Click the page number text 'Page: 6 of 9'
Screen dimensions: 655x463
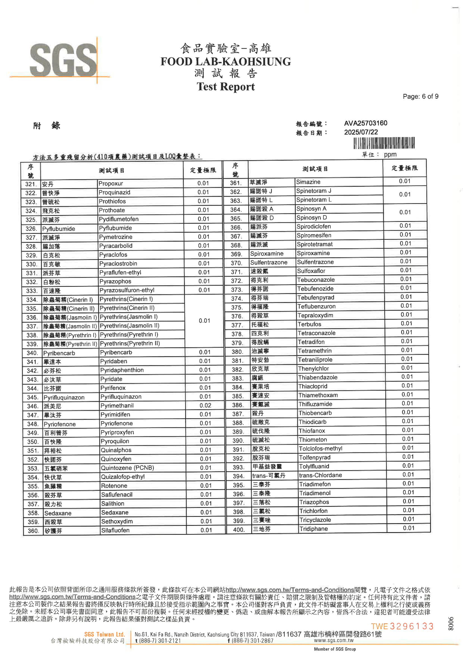click(x=420, y=96)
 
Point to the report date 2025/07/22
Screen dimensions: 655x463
click(x=361, y=132)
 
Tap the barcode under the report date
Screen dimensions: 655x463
click(x=384, y=143)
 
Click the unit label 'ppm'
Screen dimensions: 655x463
click(x=390, y=155)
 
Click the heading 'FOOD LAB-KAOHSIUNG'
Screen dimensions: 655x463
click(x=226, y=62)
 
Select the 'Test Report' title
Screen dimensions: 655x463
click(x=226, y=87)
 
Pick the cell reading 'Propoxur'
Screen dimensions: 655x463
click(x=111, y=184)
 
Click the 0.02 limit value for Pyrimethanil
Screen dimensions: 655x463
click(x=205, y=405)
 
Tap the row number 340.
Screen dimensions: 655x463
click(x=32, y=353)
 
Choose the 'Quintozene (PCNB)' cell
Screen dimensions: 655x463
click(x=127, y=468)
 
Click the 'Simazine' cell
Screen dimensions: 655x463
click(x=308, y=182)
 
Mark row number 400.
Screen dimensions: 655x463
click(x=238, y=530)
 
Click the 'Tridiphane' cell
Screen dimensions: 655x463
click(x=313, y=529)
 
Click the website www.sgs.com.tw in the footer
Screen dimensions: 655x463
click(x=334, y=640)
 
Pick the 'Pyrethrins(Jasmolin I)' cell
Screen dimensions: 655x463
click(x=128, y=317)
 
